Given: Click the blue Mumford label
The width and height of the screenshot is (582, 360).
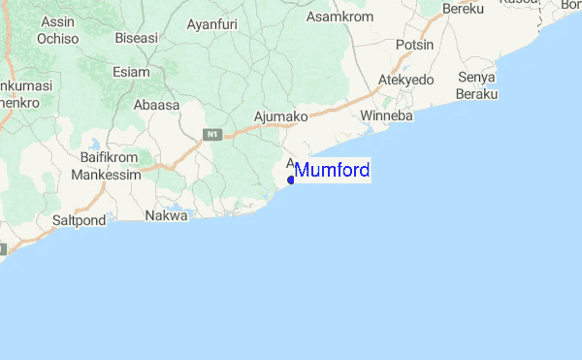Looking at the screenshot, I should pos(332,171).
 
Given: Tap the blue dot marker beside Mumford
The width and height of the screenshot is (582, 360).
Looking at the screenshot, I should pos(291,179).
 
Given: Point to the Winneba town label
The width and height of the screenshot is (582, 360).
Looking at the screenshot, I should pos(386,116).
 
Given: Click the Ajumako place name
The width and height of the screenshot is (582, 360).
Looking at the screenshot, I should pos(280,116).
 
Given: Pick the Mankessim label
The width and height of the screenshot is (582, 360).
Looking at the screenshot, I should pos(106,176).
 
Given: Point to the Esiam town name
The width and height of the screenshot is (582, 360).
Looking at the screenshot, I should pos(131,71).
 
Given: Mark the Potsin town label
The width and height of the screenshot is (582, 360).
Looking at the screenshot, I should pos(415,46).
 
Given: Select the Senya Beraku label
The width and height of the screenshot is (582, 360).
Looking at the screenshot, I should pos(477,84).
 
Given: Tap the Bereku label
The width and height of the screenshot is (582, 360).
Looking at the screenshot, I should pos(463,9).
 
